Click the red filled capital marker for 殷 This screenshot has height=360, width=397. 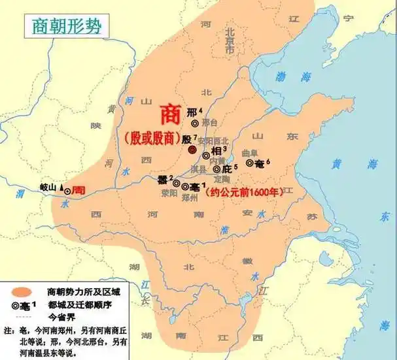[192, 150]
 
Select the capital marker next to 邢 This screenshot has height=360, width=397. [194, 123]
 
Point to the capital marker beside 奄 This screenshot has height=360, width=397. [250, 163]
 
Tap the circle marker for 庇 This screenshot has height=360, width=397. [216, 169]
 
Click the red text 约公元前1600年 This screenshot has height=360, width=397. [240, 193]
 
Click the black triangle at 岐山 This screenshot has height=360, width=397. [63, 188]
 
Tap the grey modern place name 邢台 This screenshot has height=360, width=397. [209, 123]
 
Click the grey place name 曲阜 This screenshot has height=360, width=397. [249, 152]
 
